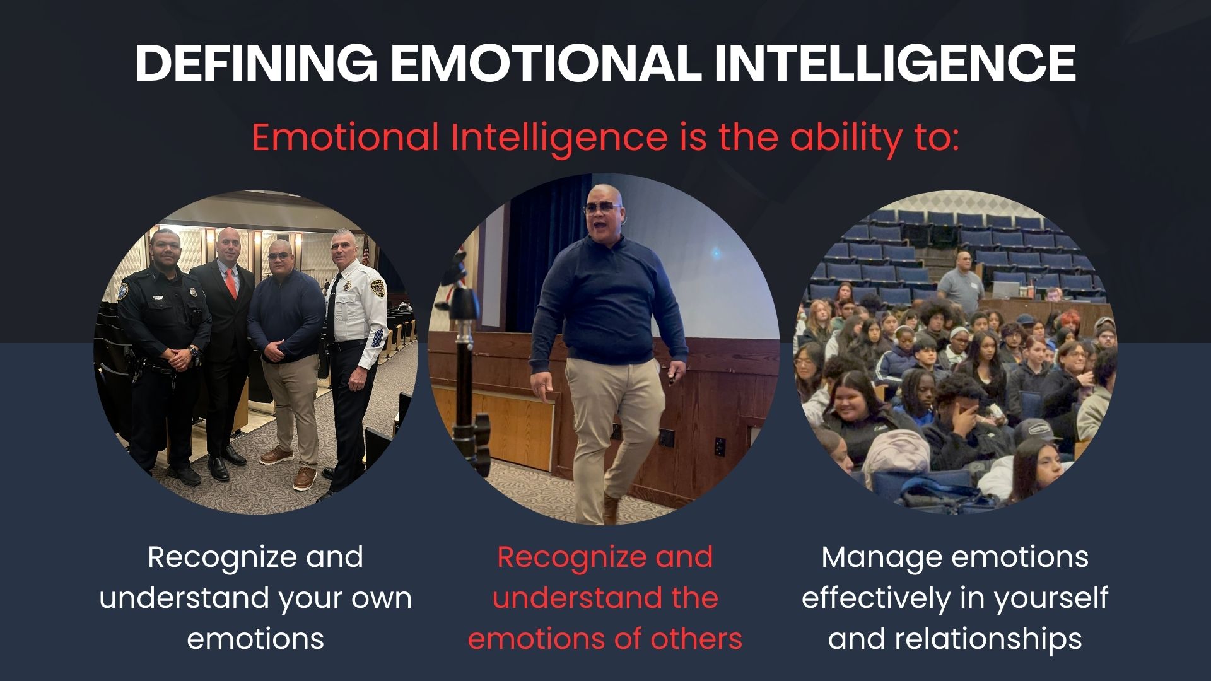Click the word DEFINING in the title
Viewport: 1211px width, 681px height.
[256, 62]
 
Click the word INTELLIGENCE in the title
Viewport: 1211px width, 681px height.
[895, 62]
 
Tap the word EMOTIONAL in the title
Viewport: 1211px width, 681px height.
[546, 62]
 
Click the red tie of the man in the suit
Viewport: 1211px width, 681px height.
[231, 284]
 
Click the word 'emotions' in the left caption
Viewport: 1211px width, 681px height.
[255, 639]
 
